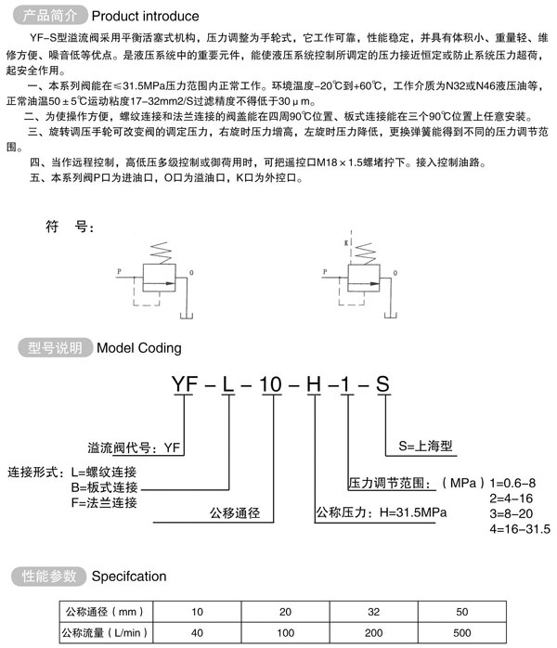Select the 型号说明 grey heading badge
pos(55,348)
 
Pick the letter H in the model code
pos(317,383)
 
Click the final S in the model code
pos(382,383)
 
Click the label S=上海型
pos(430,446)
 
